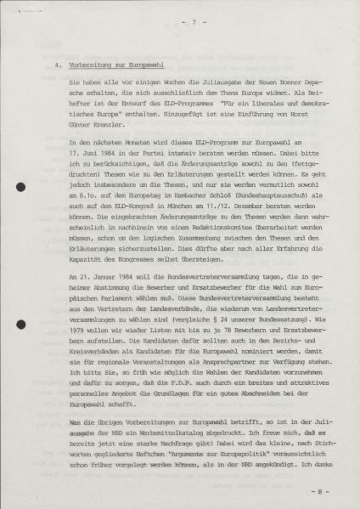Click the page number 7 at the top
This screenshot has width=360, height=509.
tap(180, 22)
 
